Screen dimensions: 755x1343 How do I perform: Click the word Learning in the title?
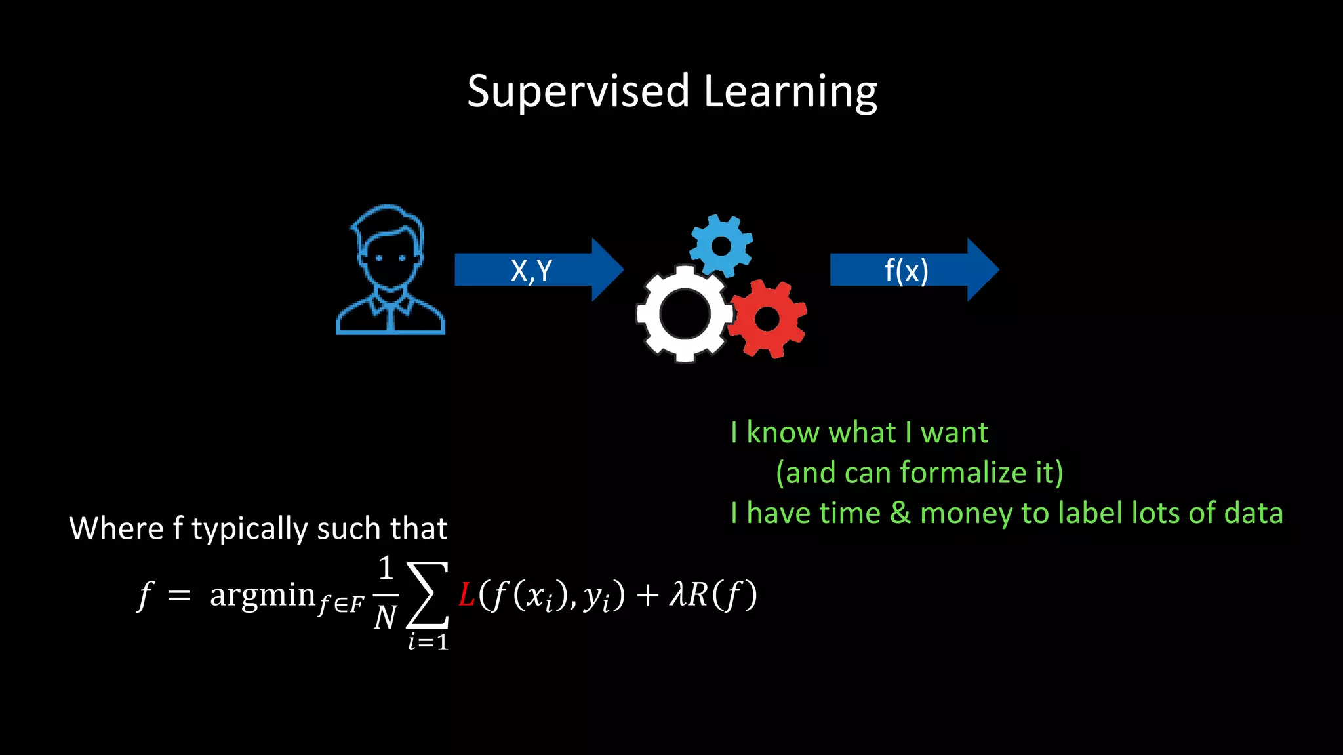pyautogui.click(x=790, y=92)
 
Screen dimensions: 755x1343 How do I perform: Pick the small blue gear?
pyautogui.click(x=721, y=246)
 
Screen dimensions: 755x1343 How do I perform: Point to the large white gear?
pyautogui.click(x=684, y=314)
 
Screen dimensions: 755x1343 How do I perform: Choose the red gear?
pyautogui.click(x=767, y=319)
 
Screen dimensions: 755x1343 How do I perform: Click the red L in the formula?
pyautogui.click(x=466, y=595)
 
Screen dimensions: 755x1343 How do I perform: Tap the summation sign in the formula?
pyautogui.click(x=428, y=595)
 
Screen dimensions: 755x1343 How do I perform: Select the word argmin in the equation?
pyautogui.click(x=262, y=595)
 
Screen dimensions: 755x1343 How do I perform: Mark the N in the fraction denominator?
pyautogui.click(x=386, y=617)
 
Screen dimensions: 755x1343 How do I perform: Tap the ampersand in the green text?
pyautogui.click(x=900, y=513)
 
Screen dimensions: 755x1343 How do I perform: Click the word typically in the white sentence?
pyautogui.click(x=249, y=529)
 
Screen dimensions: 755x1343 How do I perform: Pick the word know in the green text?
pyautogui.click(x=783, y=433)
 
